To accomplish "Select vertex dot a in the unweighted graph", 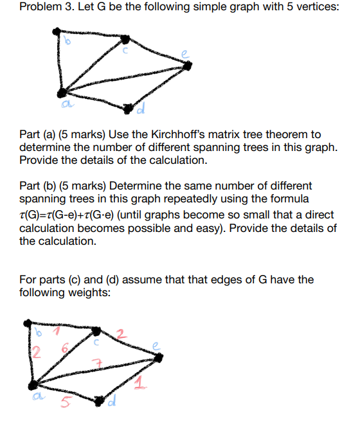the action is (x=60, y=93).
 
